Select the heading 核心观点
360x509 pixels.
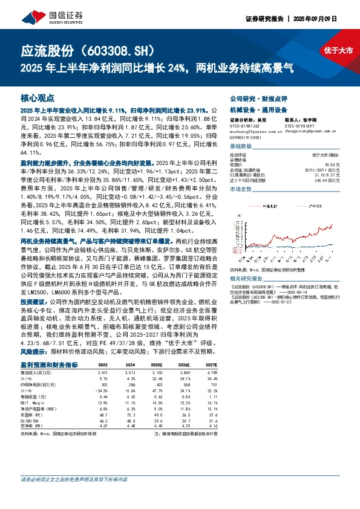[x=38, y=97]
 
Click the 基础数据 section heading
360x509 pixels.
[x=240, y=147]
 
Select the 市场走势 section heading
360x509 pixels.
[x=240, y=190]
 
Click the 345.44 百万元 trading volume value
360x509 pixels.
[x=324, y=180]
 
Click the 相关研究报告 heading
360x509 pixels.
[x=247, y=262]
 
